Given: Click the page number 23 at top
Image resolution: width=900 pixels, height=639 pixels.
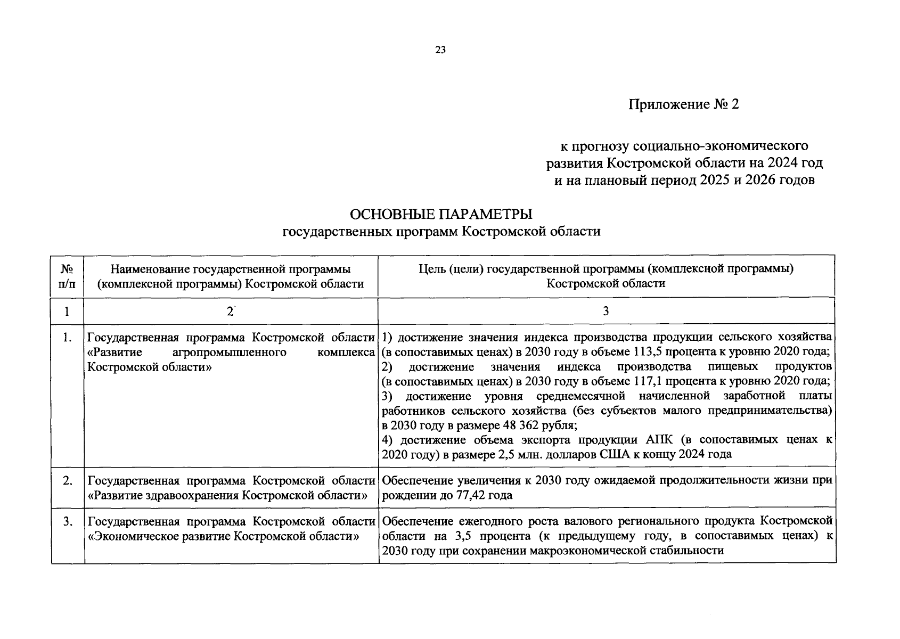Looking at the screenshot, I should (x=440, y=50).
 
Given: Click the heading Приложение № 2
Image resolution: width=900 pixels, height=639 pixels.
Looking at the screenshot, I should (x=684, y=104).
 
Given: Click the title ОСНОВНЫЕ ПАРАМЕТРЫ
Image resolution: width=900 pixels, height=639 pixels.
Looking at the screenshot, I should (x=440, y=214).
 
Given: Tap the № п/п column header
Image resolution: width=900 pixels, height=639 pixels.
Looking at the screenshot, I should (x=67, y=276).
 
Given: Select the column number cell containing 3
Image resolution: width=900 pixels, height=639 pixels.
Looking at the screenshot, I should (x=606, y=312).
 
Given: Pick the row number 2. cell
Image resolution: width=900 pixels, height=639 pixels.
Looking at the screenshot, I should (x=67, y=481).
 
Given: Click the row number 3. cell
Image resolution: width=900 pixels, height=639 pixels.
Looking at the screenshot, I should (x=67, y=522).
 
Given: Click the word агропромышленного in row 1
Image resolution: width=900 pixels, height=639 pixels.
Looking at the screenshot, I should (x=230, y=353).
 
